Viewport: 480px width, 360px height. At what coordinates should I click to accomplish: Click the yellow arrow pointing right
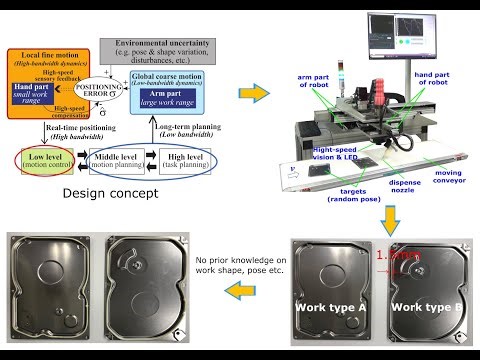tap(254, 94)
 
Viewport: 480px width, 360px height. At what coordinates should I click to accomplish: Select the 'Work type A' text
tap(331, 305)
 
